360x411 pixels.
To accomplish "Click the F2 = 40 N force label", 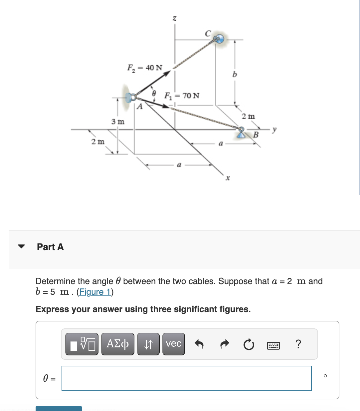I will pyautogui.click(x=145, y=68).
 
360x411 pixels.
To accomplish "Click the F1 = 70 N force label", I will pyautogui.click(x=182, y=96).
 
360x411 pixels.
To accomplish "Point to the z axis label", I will pyautogui.click(x=174, y=18).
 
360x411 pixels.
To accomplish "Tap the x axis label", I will pyautogui.click(x=228, y=178).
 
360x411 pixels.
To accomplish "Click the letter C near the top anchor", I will pyautogui.click(x=208, y=33).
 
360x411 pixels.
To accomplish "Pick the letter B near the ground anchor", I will pyautogui.click(x=256, y=135).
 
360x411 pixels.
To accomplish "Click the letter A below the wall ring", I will pyautogui.click(x=140, y=107).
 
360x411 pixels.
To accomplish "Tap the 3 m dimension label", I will pyautogui.click(x=118, y=122).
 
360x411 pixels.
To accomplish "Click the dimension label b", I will pyautogui.click(x=235, y=74).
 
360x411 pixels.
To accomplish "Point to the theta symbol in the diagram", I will pyautogui.click(x=154, y=93).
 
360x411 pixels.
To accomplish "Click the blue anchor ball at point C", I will pyautogui.click(x=219, y=39).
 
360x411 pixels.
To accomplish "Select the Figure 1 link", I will pyautogui.click(x=95, y=292).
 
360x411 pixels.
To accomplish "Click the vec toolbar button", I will pyautogui.click(x=173, y=344).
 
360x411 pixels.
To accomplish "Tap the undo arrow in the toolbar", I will pyautogui.click(x=199, y=344).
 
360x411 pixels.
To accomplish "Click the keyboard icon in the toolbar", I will pyautogui.click(x=273, y=345).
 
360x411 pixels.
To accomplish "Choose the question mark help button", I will pyautogui.click(x=298, y=344).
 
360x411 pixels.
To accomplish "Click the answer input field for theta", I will pyautogui.click(x=186, y=378).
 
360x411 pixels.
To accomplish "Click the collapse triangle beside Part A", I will pyautogui.click(x=22, y=247).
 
